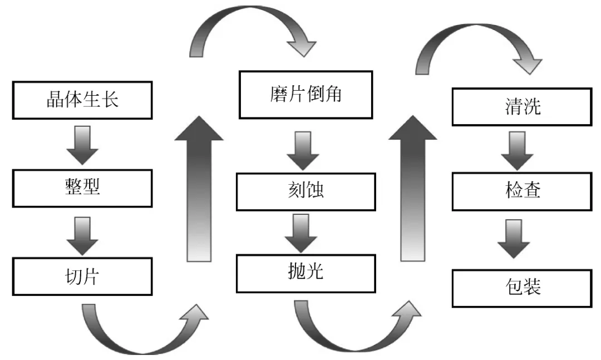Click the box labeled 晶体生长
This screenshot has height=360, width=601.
(82, 100)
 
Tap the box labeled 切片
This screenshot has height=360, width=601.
(82, 277)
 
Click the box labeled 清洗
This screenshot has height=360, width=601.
(521, 107)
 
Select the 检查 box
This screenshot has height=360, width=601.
(521, 191)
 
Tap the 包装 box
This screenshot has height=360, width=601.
(521, 288)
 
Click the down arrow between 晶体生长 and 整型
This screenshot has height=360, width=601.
(82, 144)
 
